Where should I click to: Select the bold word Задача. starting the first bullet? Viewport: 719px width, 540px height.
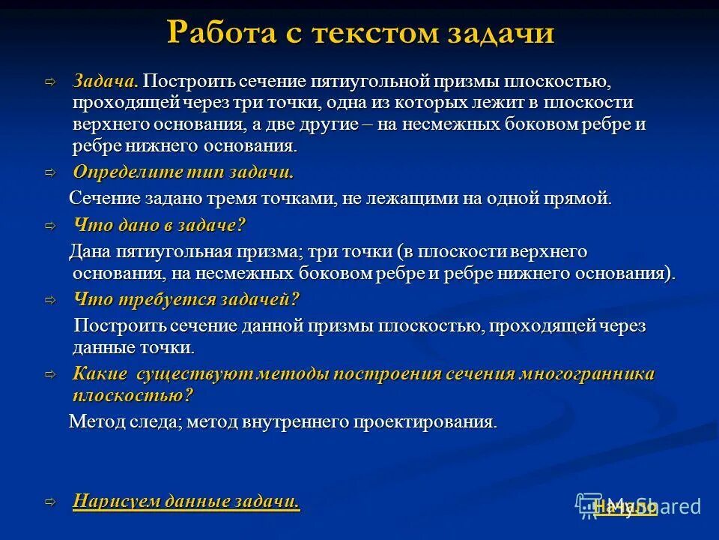[106, 80]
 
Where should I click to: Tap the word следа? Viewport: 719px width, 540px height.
[153, 421]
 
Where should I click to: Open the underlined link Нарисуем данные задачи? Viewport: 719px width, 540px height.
[186, 502]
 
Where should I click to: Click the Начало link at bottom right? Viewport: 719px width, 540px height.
[625, 508]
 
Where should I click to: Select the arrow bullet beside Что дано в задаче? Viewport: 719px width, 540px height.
[50, 225]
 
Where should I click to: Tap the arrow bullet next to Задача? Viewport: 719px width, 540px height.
[50, 81]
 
